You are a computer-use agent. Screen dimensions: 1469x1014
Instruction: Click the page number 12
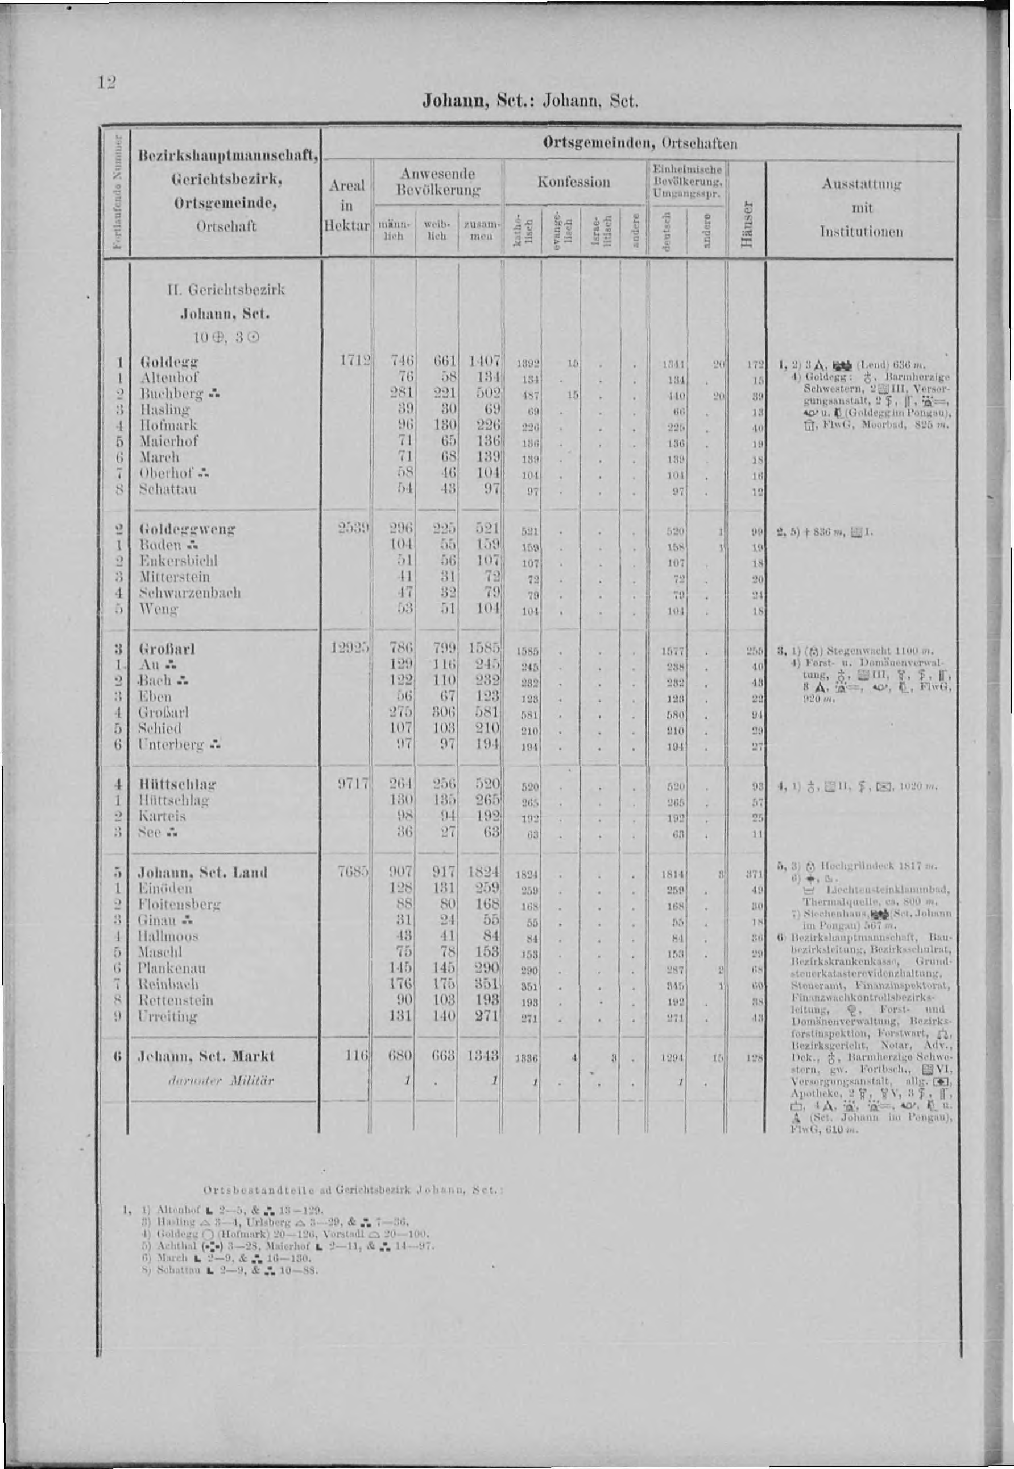click(105, 81)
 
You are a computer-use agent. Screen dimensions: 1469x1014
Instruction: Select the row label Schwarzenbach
click(190, 592)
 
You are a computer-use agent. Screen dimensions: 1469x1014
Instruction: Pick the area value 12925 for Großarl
click(347, 648)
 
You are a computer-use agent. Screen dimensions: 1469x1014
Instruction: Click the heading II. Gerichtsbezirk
click(226, 290)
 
